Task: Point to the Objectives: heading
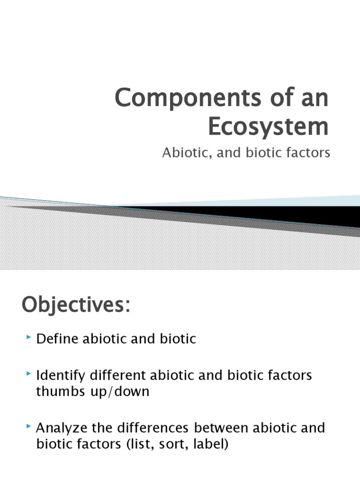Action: click(x=75, y=306)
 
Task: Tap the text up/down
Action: click(x=121, y=392)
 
